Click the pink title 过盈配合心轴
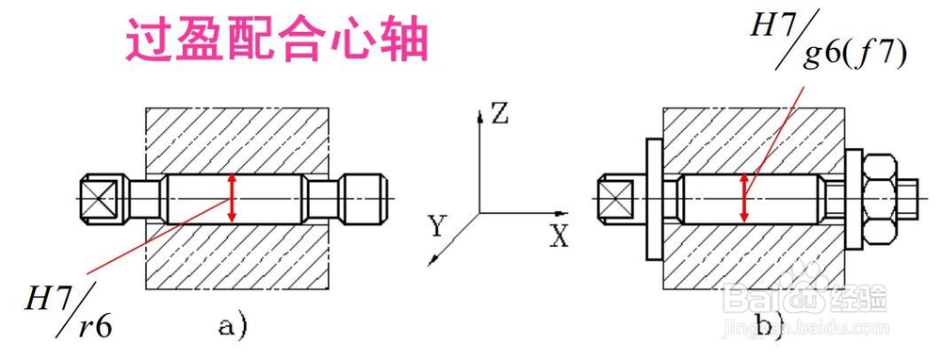(278, 42)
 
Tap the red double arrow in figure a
(233, 199)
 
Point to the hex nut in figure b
(879, 199)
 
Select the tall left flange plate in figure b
(653, 199)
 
